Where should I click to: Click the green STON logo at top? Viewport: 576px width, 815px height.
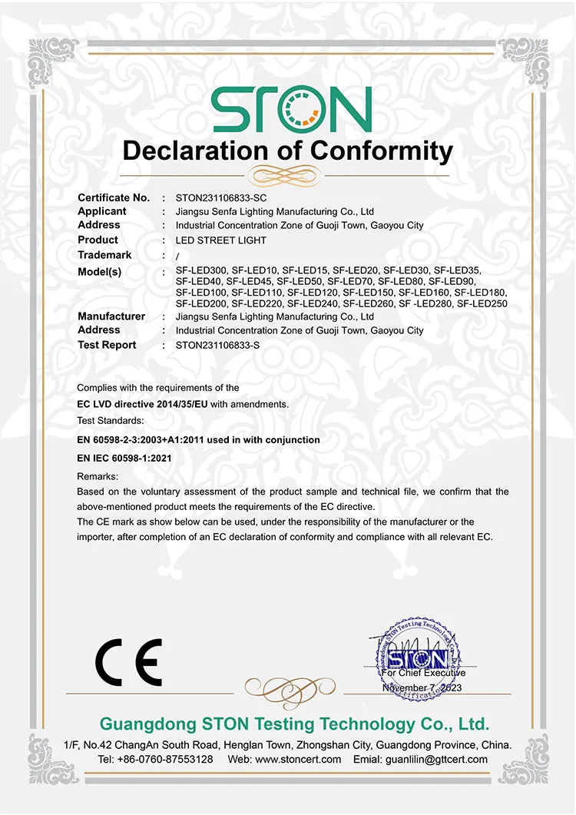pyautogui.click(x=291, y=109)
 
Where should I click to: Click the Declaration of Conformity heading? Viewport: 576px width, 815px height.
pyautogui.click(x=288, y=151)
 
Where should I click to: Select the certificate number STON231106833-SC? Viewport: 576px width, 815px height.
pyautogui.click(x=221, y=197)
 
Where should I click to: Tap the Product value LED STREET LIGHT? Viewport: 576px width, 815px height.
pyautogui.click(x=221, y=240)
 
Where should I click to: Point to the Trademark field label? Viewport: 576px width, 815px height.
pyautogui.click(x=104, y=255)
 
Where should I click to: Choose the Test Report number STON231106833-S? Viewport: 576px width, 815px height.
pyautogui.click(x=218, y=346)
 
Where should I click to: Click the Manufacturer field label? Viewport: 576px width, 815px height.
pyautogui.click(x=111, y=316)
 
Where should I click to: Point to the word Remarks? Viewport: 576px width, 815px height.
pyautogui.click(x=98, y=476)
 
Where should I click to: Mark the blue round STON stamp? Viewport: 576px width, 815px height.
pyautogui.click(x=415, y=659)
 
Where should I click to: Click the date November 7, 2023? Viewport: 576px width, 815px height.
pyautogui.click(x=422, y=687)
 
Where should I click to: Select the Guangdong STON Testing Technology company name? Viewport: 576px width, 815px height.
pyautogui.click(x=294, y=724)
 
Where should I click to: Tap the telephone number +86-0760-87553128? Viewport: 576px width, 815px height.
pyautogui.click(x=165, y=759)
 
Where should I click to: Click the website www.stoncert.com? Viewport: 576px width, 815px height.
pyautogui.click(x=298, y=759)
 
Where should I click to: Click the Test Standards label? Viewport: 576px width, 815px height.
pyautogui.click(x=110, y=421)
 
